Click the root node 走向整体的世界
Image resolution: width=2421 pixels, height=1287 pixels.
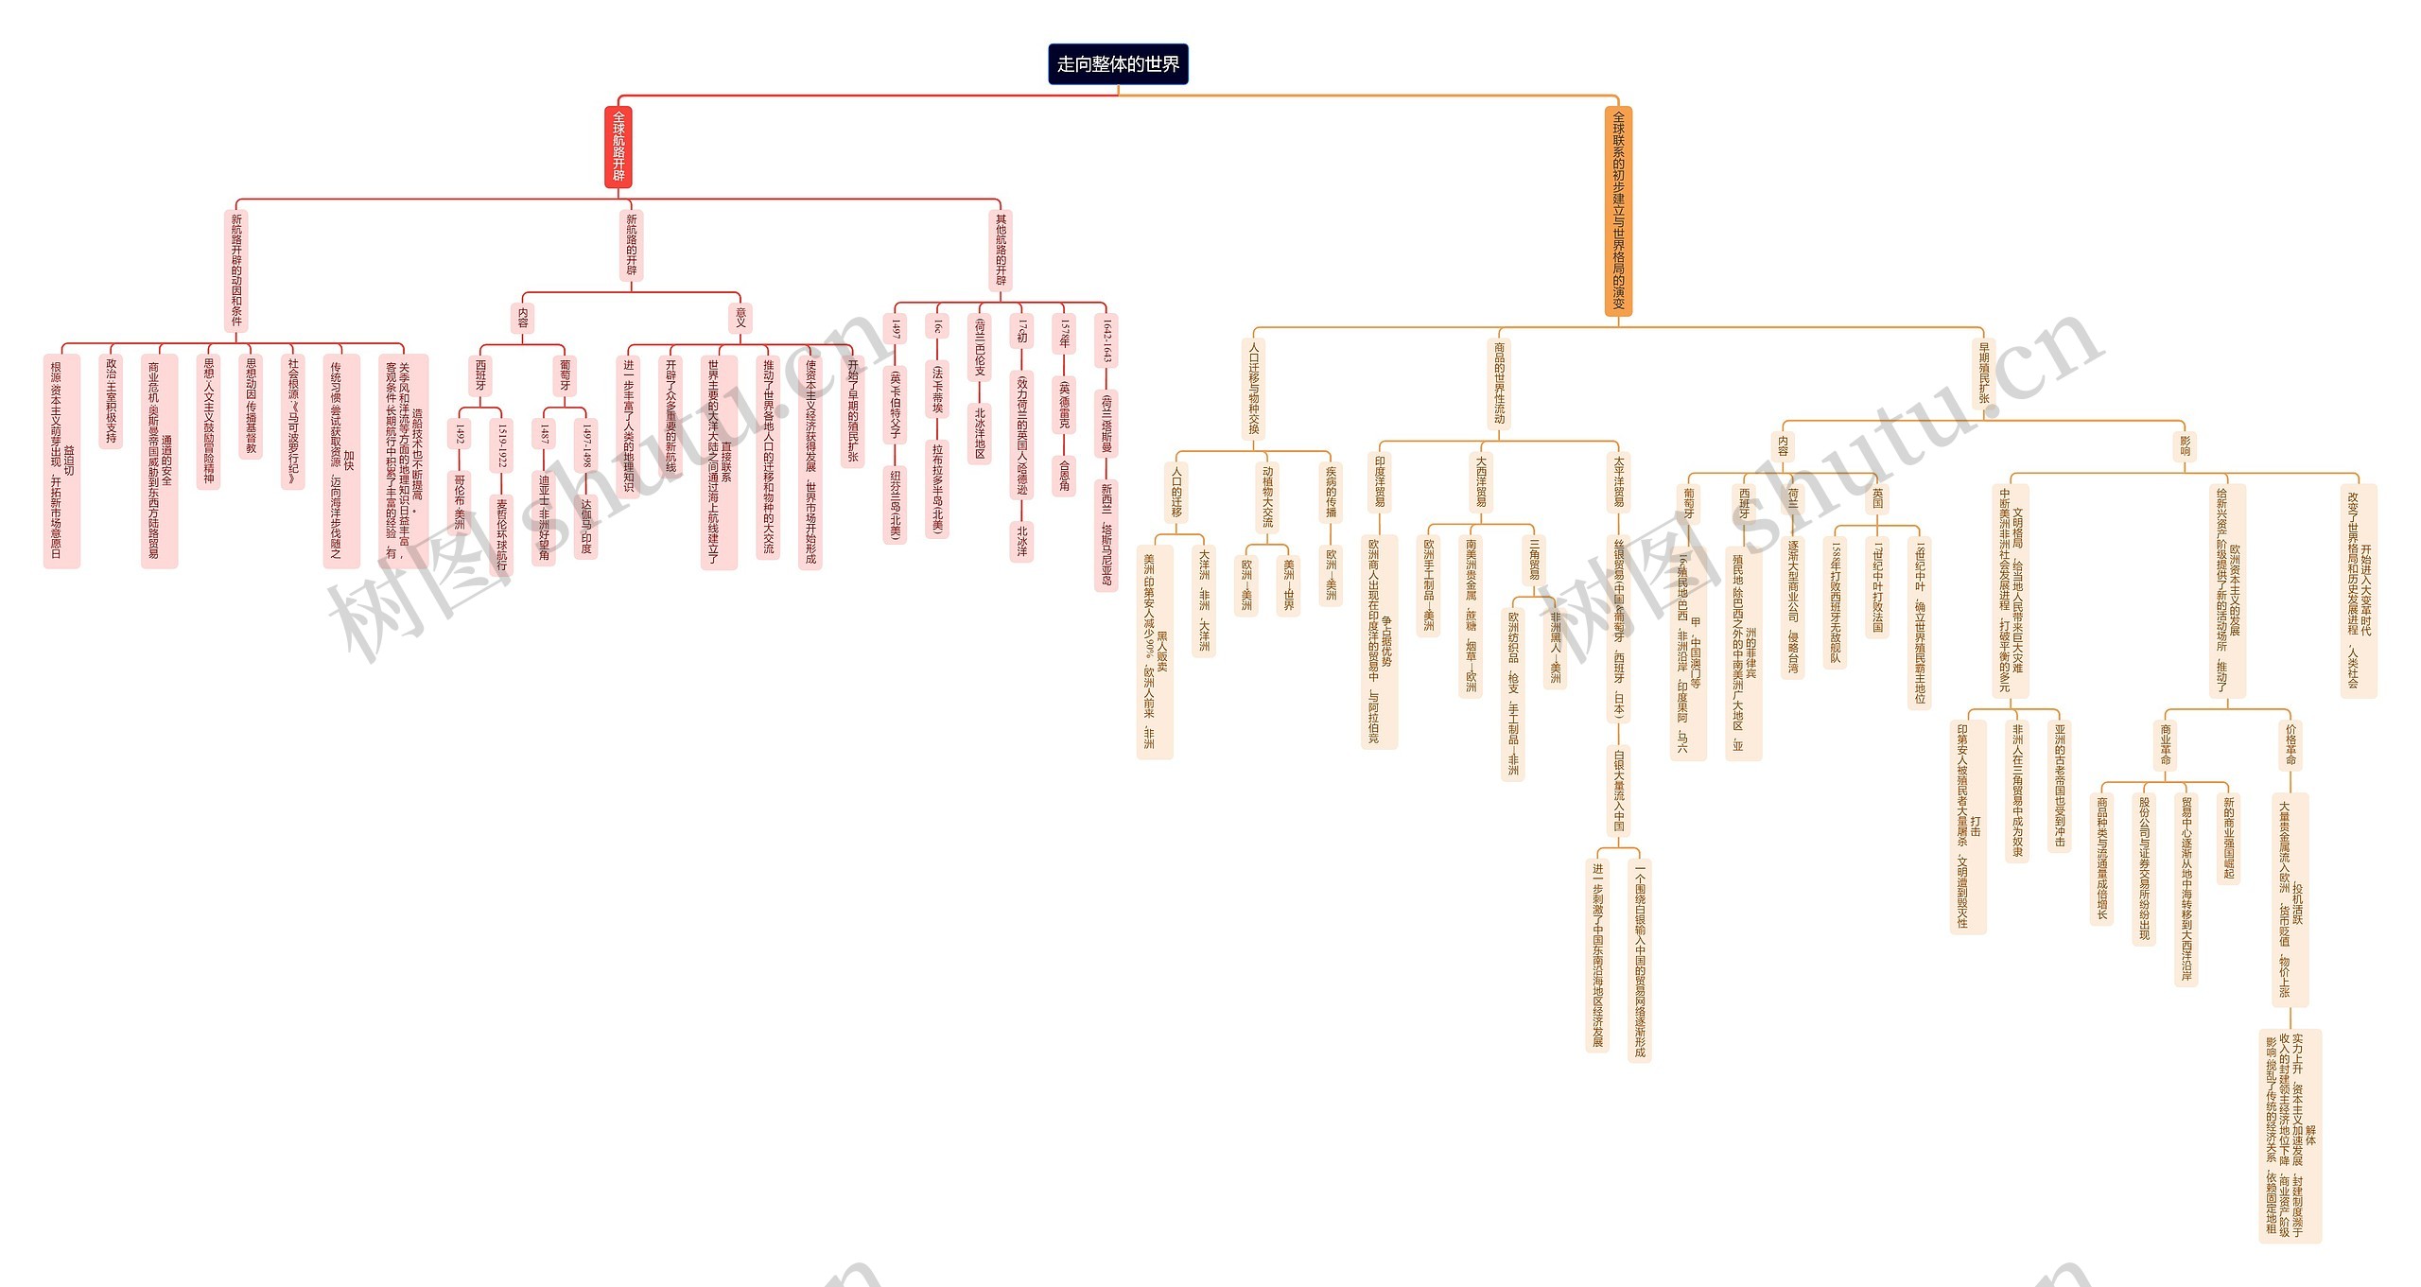point(1118,64)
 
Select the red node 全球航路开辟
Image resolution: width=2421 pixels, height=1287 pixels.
point(618,147)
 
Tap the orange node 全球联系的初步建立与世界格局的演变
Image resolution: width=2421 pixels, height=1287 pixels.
point(1618,211)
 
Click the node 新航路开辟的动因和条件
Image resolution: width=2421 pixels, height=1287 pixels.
point(236,270)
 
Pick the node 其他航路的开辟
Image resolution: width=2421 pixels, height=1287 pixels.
point(1001,250)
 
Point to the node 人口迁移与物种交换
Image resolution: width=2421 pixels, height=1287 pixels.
point(1254,389)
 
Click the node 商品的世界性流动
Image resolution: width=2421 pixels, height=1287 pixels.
point(1499,383)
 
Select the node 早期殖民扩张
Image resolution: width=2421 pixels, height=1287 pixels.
point(1984,373)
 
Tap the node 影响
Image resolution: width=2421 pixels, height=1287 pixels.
point(2185,445)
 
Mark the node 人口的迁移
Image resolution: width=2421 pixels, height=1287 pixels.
point(1176,492)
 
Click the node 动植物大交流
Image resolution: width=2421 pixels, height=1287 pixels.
point(1267,496)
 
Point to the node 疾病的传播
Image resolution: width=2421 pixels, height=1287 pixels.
point(1331,492)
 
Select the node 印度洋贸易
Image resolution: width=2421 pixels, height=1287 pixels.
point(1380,481)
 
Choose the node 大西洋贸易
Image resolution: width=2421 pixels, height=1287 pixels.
point(1481,481)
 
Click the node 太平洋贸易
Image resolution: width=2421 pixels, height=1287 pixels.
point(1618,481)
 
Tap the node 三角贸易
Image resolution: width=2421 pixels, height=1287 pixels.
point(1534,558)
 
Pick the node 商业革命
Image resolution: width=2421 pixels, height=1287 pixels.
point(2166,744)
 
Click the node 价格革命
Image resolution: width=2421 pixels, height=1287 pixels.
point(2290,744)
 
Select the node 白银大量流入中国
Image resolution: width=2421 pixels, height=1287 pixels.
point(1618,790)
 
